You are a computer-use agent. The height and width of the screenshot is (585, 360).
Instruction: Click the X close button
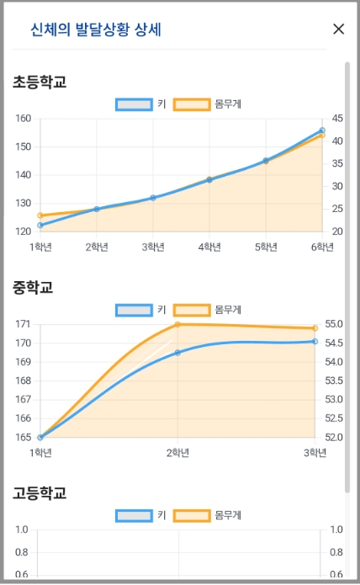339,29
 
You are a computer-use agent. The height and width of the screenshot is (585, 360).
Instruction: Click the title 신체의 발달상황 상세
96,29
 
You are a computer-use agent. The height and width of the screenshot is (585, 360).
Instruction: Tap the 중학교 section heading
33,287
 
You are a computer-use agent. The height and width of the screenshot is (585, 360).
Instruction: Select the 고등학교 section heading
40,492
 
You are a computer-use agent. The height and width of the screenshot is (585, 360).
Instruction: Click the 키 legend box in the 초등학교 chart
134,104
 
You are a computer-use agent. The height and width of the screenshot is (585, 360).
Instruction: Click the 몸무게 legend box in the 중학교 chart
192,310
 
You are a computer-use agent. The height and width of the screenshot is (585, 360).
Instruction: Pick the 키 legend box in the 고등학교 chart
134,515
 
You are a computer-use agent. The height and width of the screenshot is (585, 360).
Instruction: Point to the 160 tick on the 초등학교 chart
23,119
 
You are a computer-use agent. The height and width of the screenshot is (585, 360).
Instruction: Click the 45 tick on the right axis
337,119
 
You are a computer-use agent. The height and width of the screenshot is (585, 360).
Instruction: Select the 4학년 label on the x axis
209,247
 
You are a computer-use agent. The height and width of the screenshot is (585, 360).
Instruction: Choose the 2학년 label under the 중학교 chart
177,452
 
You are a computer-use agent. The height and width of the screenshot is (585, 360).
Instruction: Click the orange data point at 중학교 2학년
177,324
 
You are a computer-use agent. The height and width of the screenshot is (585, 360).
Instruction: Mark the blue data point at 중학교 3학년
315,341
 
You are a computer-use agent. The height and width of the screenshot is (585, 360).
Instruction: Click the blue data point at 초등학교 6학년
322,130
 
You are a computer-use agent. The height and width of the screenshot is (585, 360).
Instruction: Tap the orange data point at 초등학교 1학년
40,216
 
